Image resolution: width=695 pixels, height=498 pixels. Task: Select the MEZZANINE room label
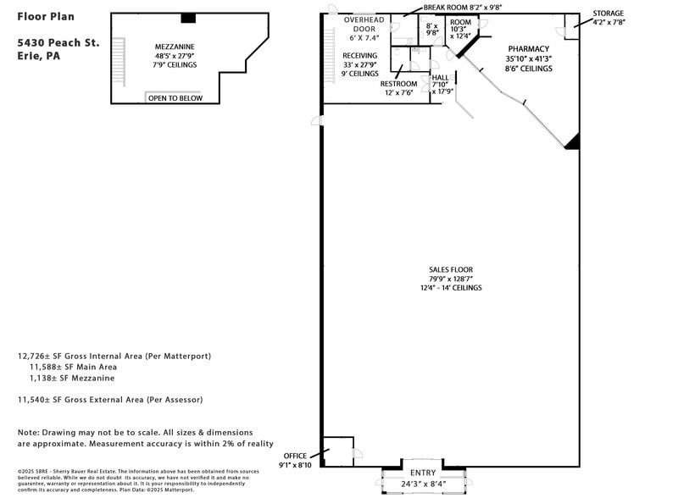(175, 47)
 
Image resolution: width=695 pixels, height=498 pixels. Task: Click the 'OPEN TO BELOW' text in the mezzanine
(175, 98)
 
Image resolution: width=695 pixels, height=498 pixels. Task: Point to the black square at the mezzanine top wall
(188, 18)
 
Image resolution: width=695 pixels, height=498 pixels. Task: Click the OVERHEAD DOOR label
(364, 19)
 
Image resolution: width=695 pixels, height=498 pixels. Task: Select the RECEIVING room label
(359, 55)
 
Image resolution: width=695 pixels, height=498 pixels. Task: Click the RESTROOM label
(398, 84)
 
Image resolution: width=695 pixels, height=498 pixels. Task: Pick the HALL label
(440, 77)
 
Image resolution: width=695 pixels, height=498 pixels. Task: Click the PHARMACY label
(528, 49)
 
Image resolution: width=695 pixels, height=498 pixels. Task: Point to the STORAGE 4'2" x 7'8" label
(608, 14)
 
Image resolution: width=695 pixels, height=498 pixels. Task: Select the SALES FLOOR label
(450, 269)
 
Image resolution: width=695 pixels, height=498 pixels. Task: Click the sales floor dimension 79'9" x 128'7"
(450, 279)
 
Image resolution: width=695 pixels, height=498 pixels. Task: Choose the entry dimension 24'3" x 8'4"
(423, 484)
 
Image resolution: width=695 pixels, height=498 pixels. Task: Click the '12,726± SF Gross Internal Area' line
(114, 357)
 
